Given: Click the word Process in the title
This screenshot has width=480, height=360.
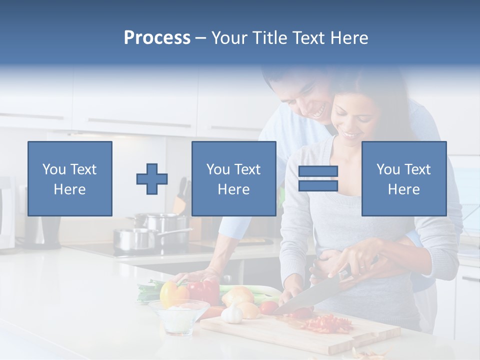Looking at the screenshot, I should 157,38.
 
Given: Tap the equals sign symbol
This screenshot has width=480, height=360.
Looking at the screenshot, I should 318,179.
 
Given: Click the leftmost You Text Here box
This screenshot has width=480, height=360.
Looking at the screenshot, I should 70,178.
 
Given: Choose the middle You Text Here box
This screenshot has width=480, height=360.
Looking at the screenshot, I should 233,178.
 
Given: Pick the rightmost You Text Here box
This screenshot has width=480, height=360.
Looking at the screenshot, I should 403,178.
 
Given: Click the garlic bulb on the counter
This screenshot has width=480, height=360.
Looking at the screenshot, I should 231,314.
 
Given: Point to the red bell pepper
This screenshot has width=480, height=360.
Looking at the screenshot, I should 204,291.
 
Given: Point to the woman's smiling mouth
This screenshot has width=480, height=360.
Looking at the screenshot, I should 351,135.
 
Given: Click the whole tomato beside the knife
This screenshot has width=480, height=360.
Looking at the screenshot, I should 268,307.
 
